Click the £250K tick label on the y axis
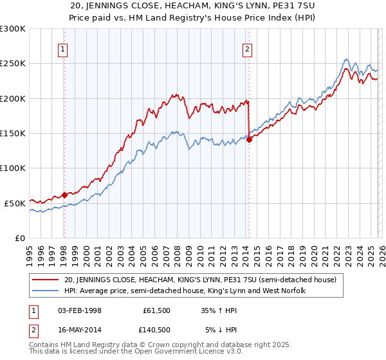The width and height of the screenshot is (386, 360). point(12,64)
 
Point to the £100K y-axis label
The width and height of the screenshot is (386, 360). point(12,168)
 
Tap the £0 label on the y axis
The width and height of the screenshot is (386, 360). point(19,238)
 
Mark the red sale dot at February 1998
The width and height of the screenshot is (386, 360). point(64,195)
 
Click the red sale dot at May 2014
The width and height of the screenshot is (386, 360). point(249,140)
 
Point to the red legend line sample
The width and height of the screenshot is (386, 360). point(46,280)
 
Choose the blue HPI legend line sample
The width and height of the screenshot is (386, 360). point(46,291)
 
